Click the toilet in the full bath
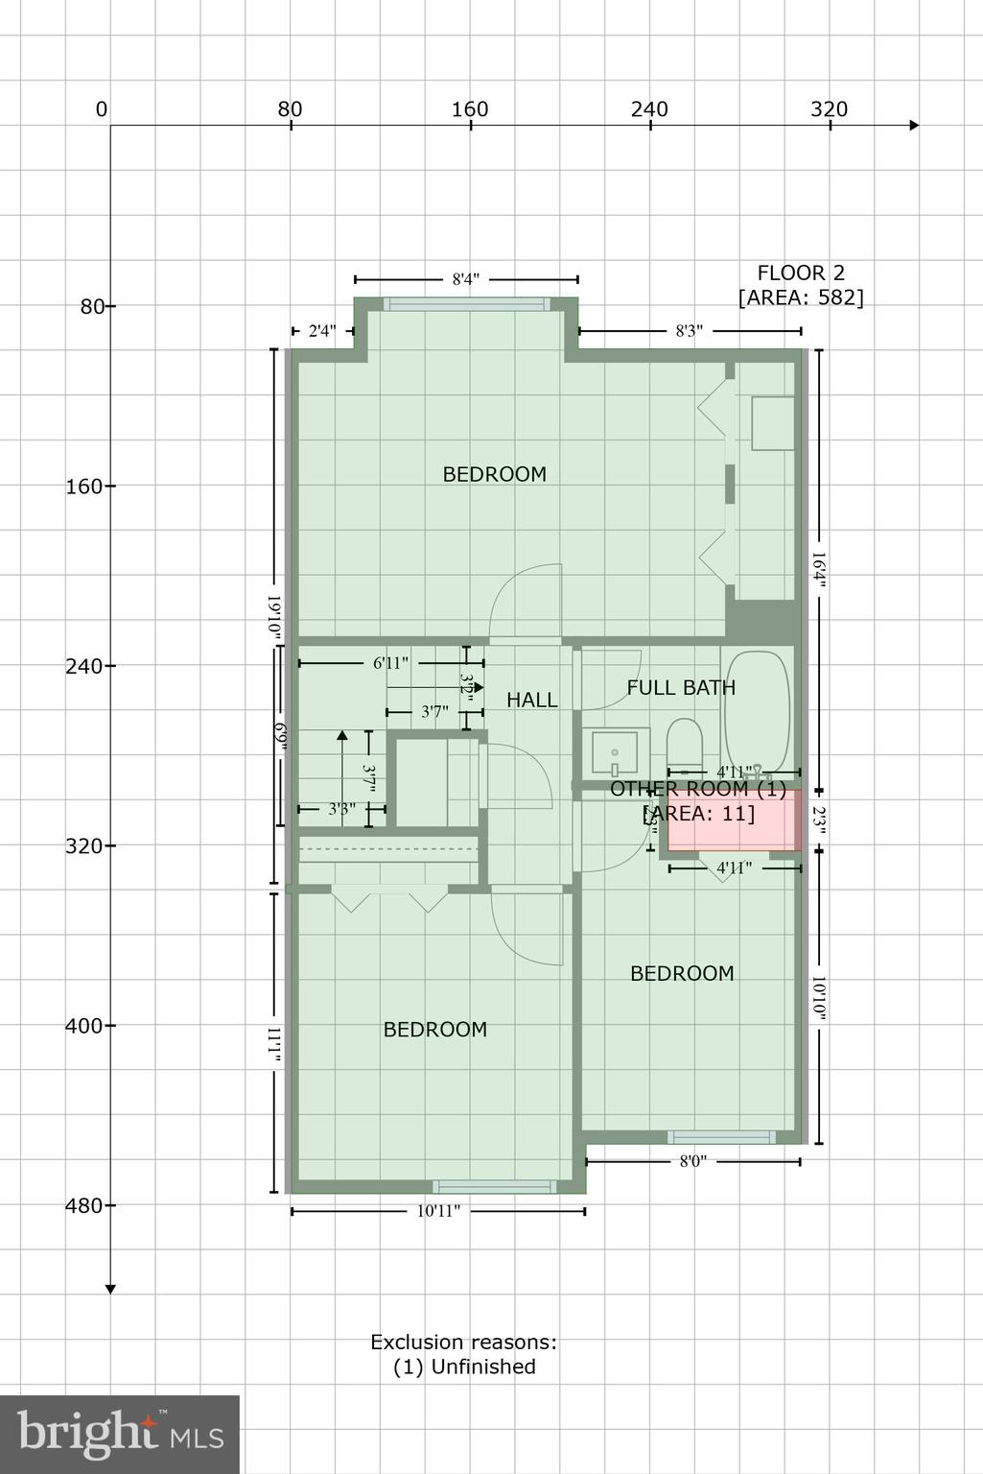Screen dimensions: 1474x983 click(685, 742)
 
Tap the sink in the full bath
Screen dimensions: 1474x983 click(615, 752)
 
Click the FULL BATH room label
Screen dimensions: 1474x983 click(681, 687)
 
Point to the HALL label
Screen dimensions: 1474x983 click(531, 700)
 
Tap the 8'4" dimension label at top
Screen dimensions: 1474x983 click(466, 279)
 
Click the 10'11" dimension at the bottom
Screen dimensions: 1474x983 click(438, 1211)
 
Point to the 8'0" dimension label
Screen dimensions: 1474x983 click(692, 1161)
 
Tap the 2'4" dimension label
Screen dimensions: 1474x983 click(322, 331)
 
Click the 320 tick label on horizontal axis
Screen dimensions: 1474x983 click(829, 109)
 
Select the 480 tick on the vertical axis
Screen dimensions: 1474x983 click(83, 1205)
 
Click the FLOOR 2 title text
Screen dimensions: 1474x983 click(801, 273)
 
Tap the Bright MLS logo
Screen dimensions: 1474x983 click(120, 1434)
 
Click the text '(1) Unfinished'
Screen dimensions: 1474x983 click(464, 1367)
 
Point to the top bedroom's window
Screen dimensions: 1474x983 click(467, 304)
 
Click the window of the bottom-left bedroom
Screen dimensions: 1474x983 click(494, 1187)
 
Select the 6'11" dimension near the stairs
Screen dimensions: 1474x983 click(390, 663)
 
